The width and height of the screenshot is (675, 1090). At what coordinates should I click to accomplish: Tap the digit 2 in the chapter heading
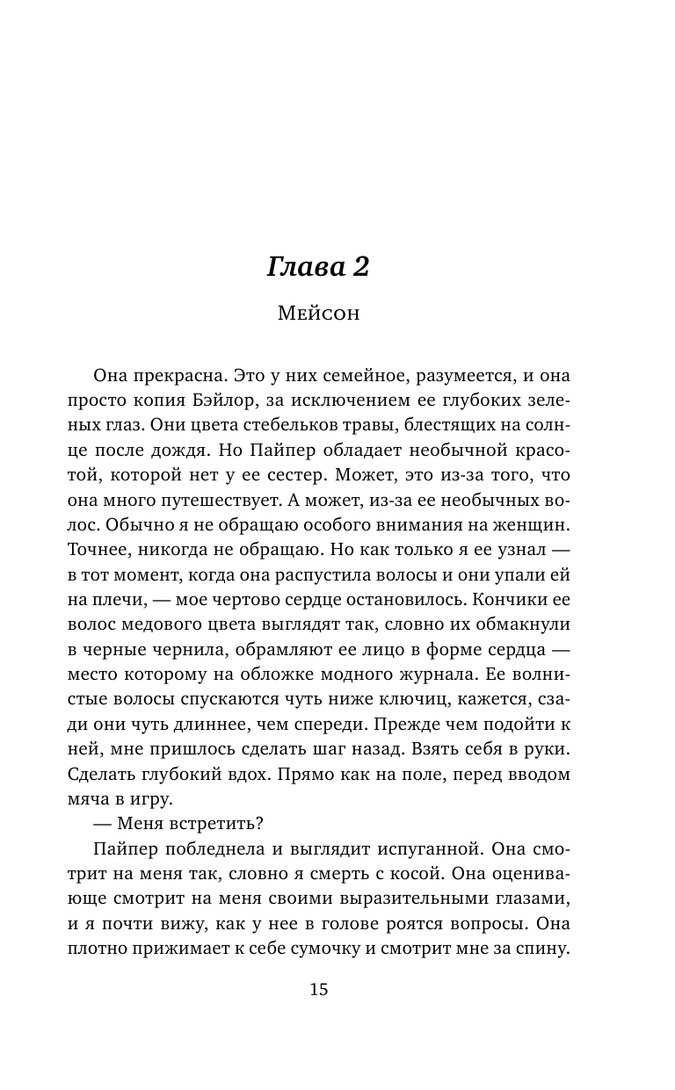(357, 267)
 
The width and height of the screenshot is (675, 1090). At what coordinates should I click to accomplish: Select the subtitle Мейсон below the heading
(318, 314)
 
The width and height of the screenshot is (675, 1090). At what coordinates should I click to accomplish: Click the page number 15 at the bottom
(318, 989)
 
